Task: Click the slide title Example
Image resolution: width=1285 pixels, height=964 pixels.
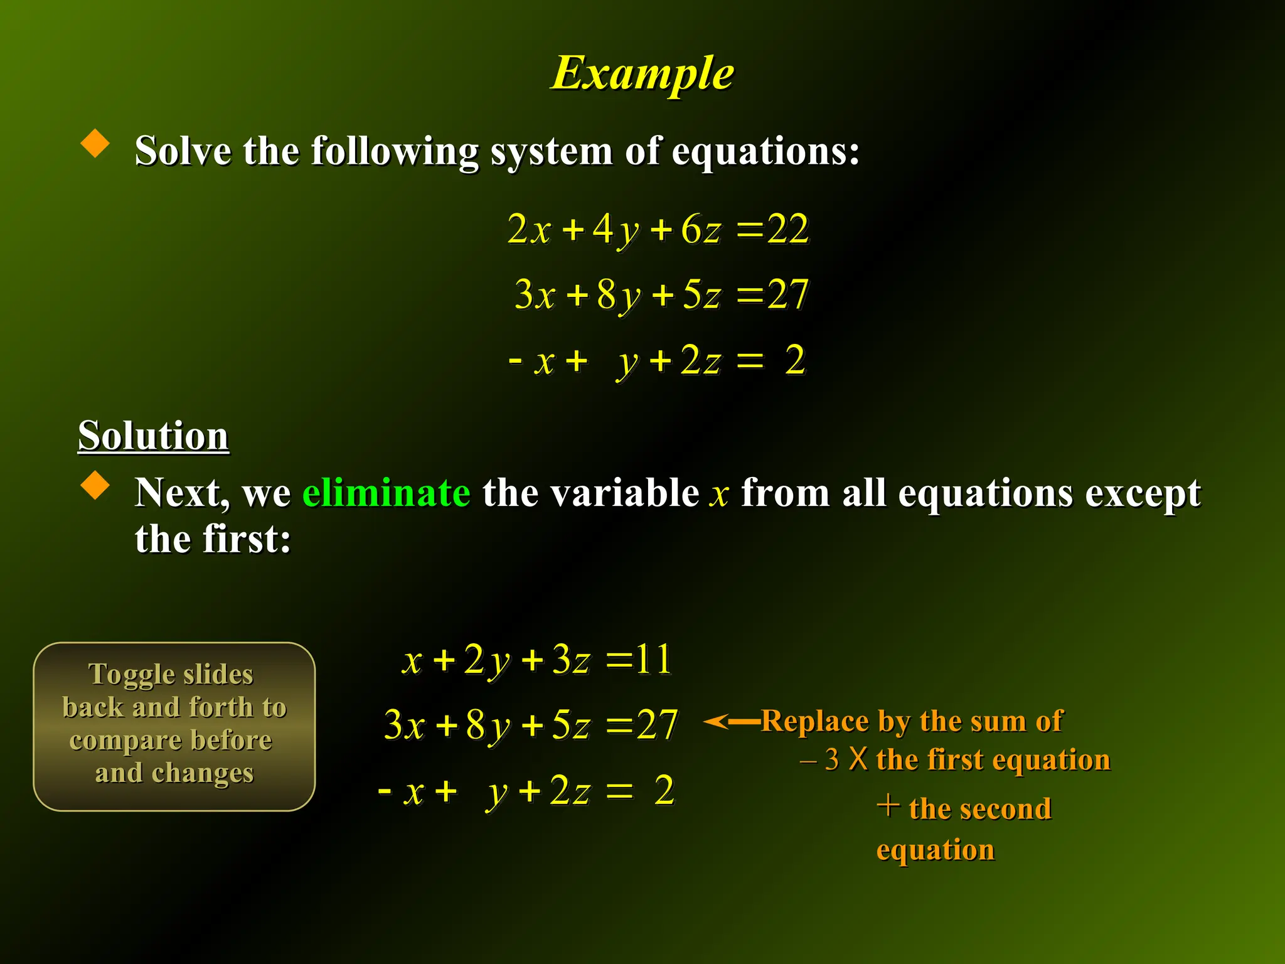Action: (642, 74)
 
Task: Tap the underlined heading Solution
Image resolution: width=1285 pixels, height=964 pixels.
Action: (153, 435)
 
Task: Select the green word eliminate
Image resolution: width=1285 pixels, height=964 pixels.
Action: (386, 492)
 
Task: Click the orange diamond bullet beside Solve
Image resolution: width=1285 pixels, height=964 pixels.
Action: (95, 143)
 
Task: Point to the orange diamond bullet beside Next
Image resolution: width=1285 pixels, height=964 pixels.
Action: (95, 485)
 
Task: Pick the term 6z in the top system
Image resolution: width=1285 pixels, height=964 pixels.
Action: (701, 229)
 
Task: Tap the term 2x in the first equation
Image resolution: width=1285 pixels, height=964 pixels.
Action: (528, 229)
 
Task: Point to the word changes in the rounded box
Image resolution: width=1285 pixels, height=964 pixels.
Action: (203, 773)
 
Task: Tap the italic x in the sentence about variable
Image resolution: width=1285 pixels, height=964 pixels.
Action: (719, 495)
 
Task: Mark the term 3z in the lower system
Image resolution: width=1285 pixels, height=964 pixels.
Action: (571, 660)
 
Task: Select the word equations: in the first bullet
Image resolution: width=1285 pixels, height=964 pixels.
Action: (765, 152)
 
